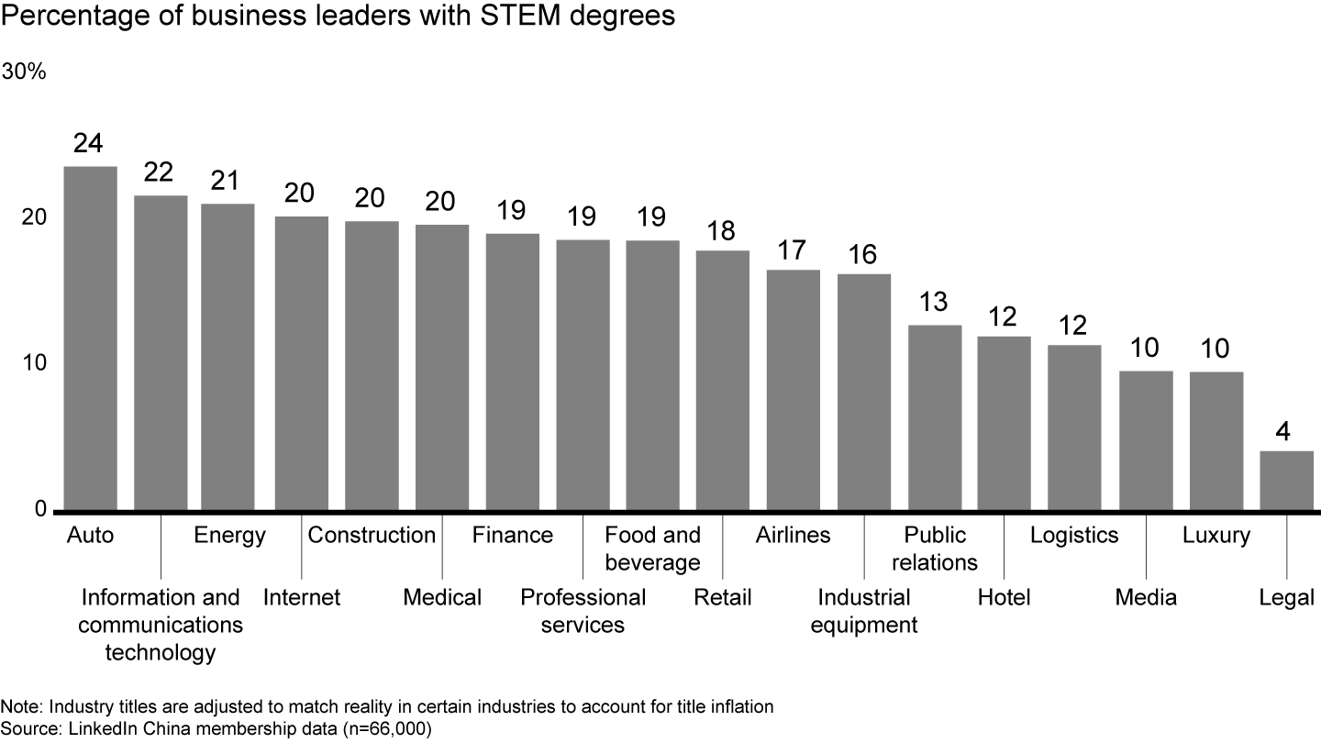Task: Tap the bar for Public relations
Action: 935,417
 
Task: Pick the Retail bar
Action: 722,380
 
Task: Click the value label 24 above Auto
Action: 90,144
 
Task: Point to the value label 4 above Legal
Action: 1286,429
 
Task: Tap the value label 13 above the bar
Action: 935,303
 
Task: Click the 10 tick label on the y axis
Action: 34,363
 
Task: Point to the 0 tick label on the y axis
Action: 40,509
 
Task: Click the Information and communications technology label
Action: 161,625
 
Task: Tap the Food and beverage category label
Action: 652,549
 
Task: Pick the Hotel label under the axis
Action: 1004,598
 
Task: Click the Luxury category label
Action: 1216,535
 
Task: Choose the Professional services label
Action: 583,611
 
